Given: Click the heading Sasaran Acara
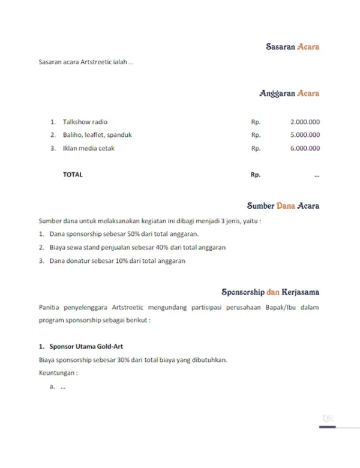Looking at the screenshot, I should click(x=292, y=46).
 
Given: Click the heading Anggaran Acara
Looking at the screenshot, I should click(x=289, y=93).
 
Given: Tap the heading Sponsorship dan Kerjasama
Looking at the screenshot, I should click(x=270, y=292).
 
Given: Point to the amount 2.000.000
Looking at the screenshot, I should click(x=304, y=122).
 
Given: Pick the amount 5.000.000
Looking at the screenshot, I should click(x=304, y=135).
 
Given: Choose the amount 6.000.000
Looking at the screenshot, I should click(x=304, y=148).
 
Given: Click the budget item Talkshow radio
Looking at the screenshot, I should click(x=85, y=122).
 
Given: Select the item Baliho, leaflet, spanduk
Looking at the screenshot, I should click(x=97, y=135).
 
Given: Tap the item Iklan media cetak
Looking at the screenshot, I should click(x=89, y=148).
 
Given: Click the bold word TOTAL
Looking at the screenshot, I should click(x=73, y=175).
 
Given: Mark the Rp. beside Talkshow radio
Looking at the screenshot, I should click(x=256, y=122).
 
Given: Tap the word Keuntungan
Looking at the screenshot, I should click(x=58, y=373).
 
